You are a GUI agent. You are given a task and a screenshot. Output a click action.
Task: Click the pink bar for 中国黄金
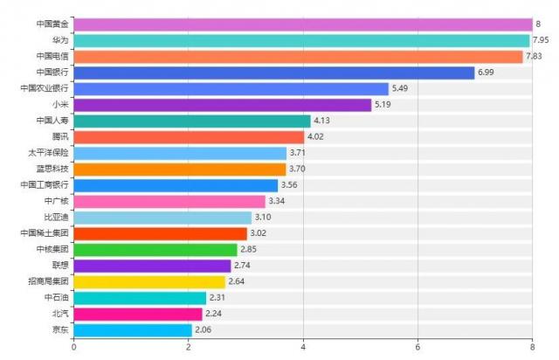pyautogui.click(x=302, y=24)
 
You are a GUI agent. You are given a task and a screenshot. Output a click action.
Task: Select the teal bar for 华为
pyautogui.click(x=301, y=40)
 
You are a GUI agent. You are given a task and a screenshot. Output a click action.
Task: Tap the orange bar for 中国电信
pyautogui.click(x=298, y=57)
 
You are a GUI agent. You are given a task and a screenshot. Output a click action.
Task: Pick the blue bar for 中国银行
pyautogui.click(x=273, y=73)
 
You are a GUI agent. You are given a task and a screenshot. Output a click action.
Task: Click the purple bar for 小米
pyautogui.click(x=222, y=105)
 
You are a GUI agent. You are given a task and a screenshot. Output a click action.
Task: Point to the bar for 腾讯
pyautogui.click(x=189, y=137)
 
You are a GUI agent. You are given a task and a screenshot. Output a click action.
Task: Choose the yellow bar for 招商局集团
pyautogui.click(x=149, y=281)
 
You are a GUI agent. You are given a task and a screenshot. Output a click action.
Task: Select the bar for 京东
pyautogui.click(x=133, y=330)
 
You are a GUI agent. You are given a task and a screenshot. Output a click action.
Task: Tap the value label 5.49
pyautogui.click(x=400, y=89)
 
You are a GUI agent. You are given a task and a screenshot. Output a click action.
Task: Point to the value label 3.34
pyautogui.click(x=277, y=201)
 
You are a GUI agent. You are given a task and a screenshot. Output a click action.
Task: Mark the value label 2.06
pyautogui.click(x=204, y=330)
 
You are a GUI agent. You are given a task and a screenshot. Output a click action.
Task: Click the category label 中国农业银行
pyautogui.click(x=44, y=89)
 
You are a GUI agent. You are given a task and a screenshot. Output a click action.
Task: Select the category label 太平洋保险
pyautogui.click(x=49, y=153)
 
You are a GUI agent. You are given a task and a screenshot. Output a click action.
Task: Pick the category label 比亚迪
pyautogui.click(x=55, y=218)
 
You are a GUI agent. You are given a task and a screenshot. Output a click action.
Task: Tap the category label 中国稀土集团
pyautogui.click(x=44, y=233)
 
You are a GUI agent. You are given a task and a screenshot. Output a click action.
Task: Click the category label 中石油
pyautogui.click(x=55, y=298)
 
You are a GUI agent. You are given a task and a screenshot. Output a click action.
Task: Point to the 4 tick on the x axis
pyautogui.click(x=303, y=347)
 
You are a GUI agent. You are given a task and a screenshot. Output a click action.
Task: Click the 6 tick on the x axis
pyautogui.click(x=418, y=347)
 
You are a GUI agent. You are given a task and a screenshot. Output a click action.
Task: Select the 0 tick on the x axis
pyautogui.click(x=73, y=347)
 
